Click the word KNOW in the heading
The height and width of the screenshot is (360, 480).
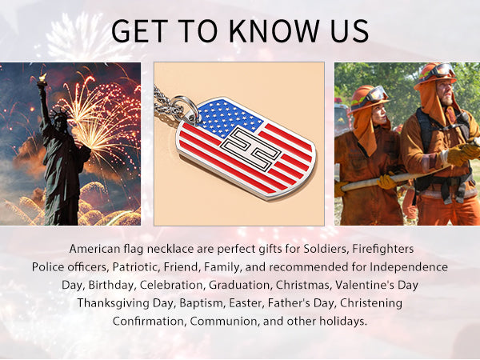[x=274, y=31]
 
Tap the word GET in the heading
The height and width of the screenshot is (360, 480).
[x=139, y=31]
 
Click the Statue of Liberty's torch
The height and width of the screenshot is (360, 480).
[x=42, y=79]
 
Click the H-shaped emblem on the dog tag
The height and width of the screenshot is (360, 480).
[x=250, y=149]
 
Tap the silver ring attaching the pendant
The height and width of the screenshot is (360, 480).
[x=186, y=110]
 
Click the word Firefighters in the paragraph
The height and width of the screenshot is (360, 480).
[x=383, y=249]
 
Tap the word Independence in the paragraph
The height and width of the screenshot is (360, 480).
[x=409, y=267]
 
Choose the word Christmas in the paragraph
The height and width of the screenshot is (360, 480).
[x=303, y=285]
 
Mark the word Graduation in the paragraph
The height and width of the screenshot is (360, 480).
[x=240, y=285]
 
